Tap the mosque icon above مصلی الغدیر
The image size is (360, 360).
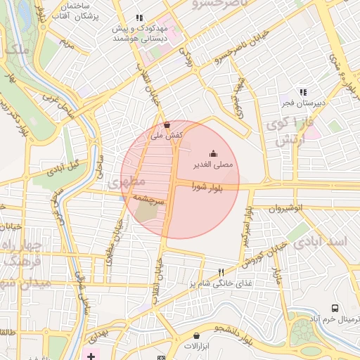tap(213, 154)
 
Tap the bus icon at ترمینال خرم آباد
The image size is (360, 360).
tap(335, 309)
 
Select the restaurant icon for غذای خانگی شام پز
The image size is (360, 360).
tap(221, 272)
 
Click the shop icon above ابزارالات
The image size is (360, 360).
tap(196, 335)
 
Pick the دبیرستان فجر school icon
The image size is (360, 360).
tap(303, 92)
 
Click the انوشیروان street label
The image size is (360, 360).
tap(287, 208)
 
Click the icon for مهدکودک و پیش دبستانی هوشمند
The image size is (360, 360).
tap(140, 18)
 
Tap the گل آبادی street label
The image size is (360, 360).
tap(64, 166)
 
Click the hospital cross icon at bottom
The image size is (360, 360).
tap(91, 355)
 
